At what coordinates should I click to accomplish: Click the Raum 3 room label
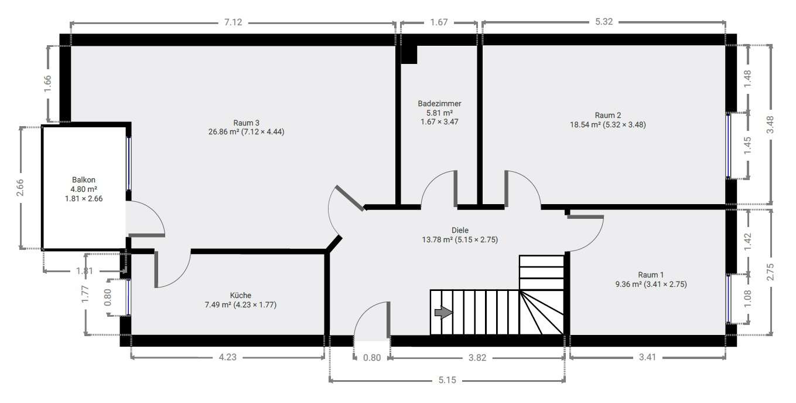coord(246,123)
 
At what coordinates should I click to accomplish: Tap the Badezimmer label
coord(439,103)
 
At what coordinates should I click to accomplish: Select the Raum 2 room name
coord(607,115)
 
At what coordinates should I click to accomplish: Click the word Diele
coord(460,230)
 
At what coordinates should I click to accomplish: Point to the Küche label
coord(240,295)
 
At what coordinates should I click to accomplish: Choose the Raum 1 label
coord(651,275)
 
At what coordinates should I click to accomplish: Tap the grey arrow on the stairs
coord(443,313)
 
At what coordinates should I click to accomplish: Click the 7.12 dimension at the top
coord(233,23)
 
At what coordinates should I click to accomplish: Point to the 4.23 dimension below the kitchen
coord(227,357)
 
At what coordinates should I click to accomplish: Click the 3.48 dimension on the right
coord(770,124)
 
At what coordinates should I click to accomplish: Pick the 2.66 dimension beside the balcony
coord(21,187)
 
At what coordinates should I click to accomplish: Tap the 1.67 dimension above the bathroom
coord(439,23)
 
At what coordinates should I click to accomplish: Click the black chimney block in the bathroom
coord(409,55)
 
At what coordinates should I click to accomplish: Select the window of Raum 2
coord(729,145)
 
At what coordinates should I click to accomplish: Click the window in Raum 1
coord(729,299)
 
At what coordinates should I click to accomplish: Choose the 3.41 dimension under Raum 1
coord(647,357)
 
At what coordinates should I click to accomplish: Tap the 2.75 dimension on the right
coord(770,273)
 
